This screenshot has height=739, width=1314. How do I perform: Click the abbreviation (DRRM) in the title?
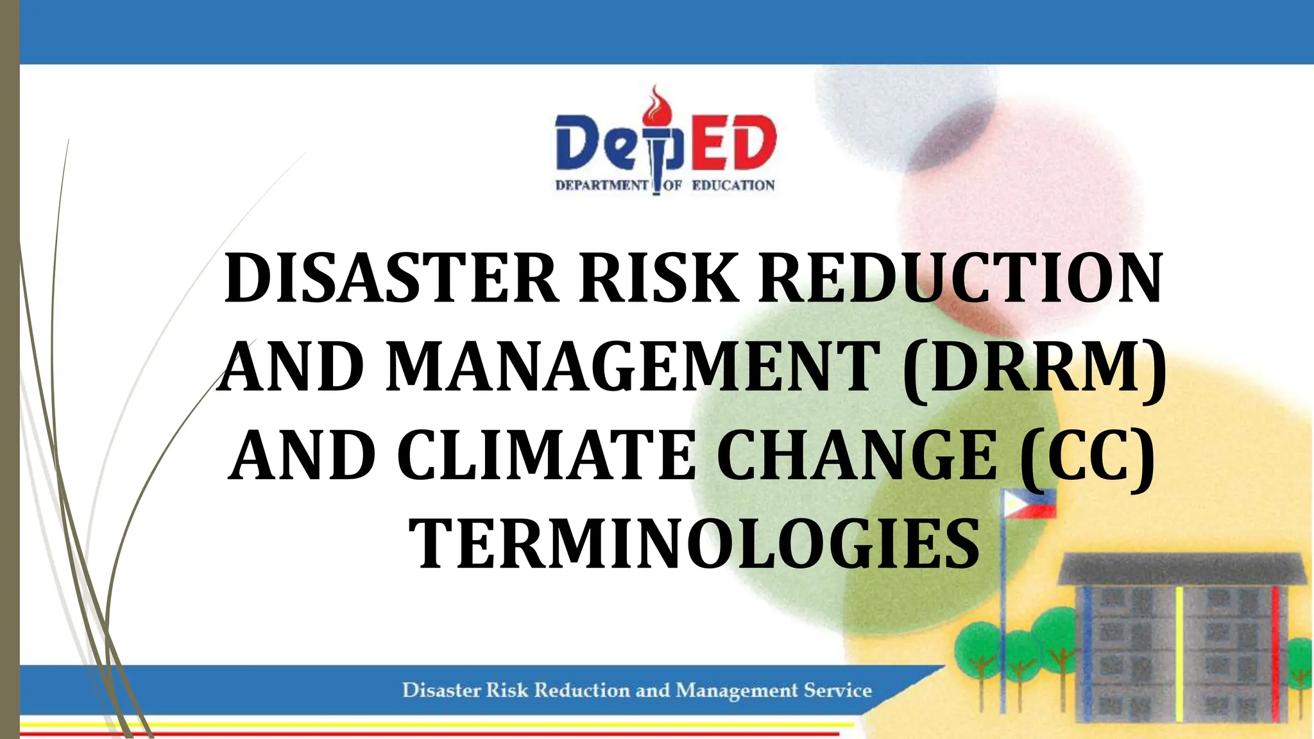click(1034, 367)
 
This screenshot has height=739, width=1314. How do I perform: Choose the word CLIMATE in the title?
click(546, 455)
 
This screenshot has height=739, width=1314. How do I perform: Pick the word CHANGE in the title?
click(857, 455)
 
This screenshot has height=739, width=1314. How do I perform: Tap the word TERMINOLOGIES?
click(694, 544)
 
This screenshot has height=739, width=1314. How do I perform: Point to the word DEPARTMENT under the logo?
click(602, 186)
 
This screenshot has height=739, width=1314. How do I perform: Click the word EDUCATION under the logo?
click(733, 186)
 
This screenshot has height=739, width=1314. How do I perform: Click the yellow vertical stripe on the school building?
click(1179, 648)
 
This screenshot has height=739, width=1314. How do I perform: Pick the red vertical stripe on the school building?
click(1276, 648)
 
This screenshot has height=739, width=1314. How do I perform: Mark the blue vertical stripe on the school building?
click(1087, 648)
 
